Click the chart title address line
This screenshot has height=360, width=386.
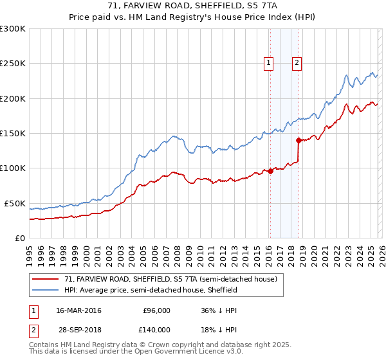pos(192,6)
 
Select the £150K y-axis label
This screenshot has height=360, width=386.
pos(13,133)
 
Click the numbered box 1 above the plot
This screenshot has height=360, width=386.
pos(268,62)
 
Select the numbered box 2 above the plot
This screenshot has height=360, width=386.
pos(297,62)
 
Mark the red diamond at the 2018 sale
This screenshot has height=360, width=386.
pos(299,140)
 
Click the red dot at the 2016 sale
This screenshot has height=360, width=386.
pos(270,170)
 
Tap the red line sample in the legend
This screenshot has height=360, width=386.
pos(45,279)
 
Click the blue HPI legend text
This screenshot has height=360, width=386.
pos(151,290)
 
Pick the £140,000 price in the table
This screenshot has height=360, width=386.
pos(156,329)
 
